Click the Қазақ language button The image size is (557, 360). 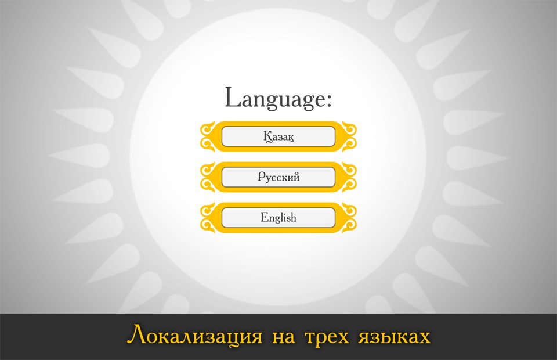point(278,136)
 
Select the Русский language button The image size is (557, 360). point(278,177)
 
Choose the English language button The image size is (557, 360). point(278,218)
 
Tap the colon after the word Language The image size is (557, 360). point(328,100)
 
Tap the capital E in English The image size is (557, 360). point(265,217)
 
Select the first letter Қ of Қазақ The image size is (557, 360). point(267,137)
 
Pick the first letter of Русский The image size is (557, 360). point(262,177)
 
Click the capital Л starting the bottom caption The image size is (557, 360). point(137,335)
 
